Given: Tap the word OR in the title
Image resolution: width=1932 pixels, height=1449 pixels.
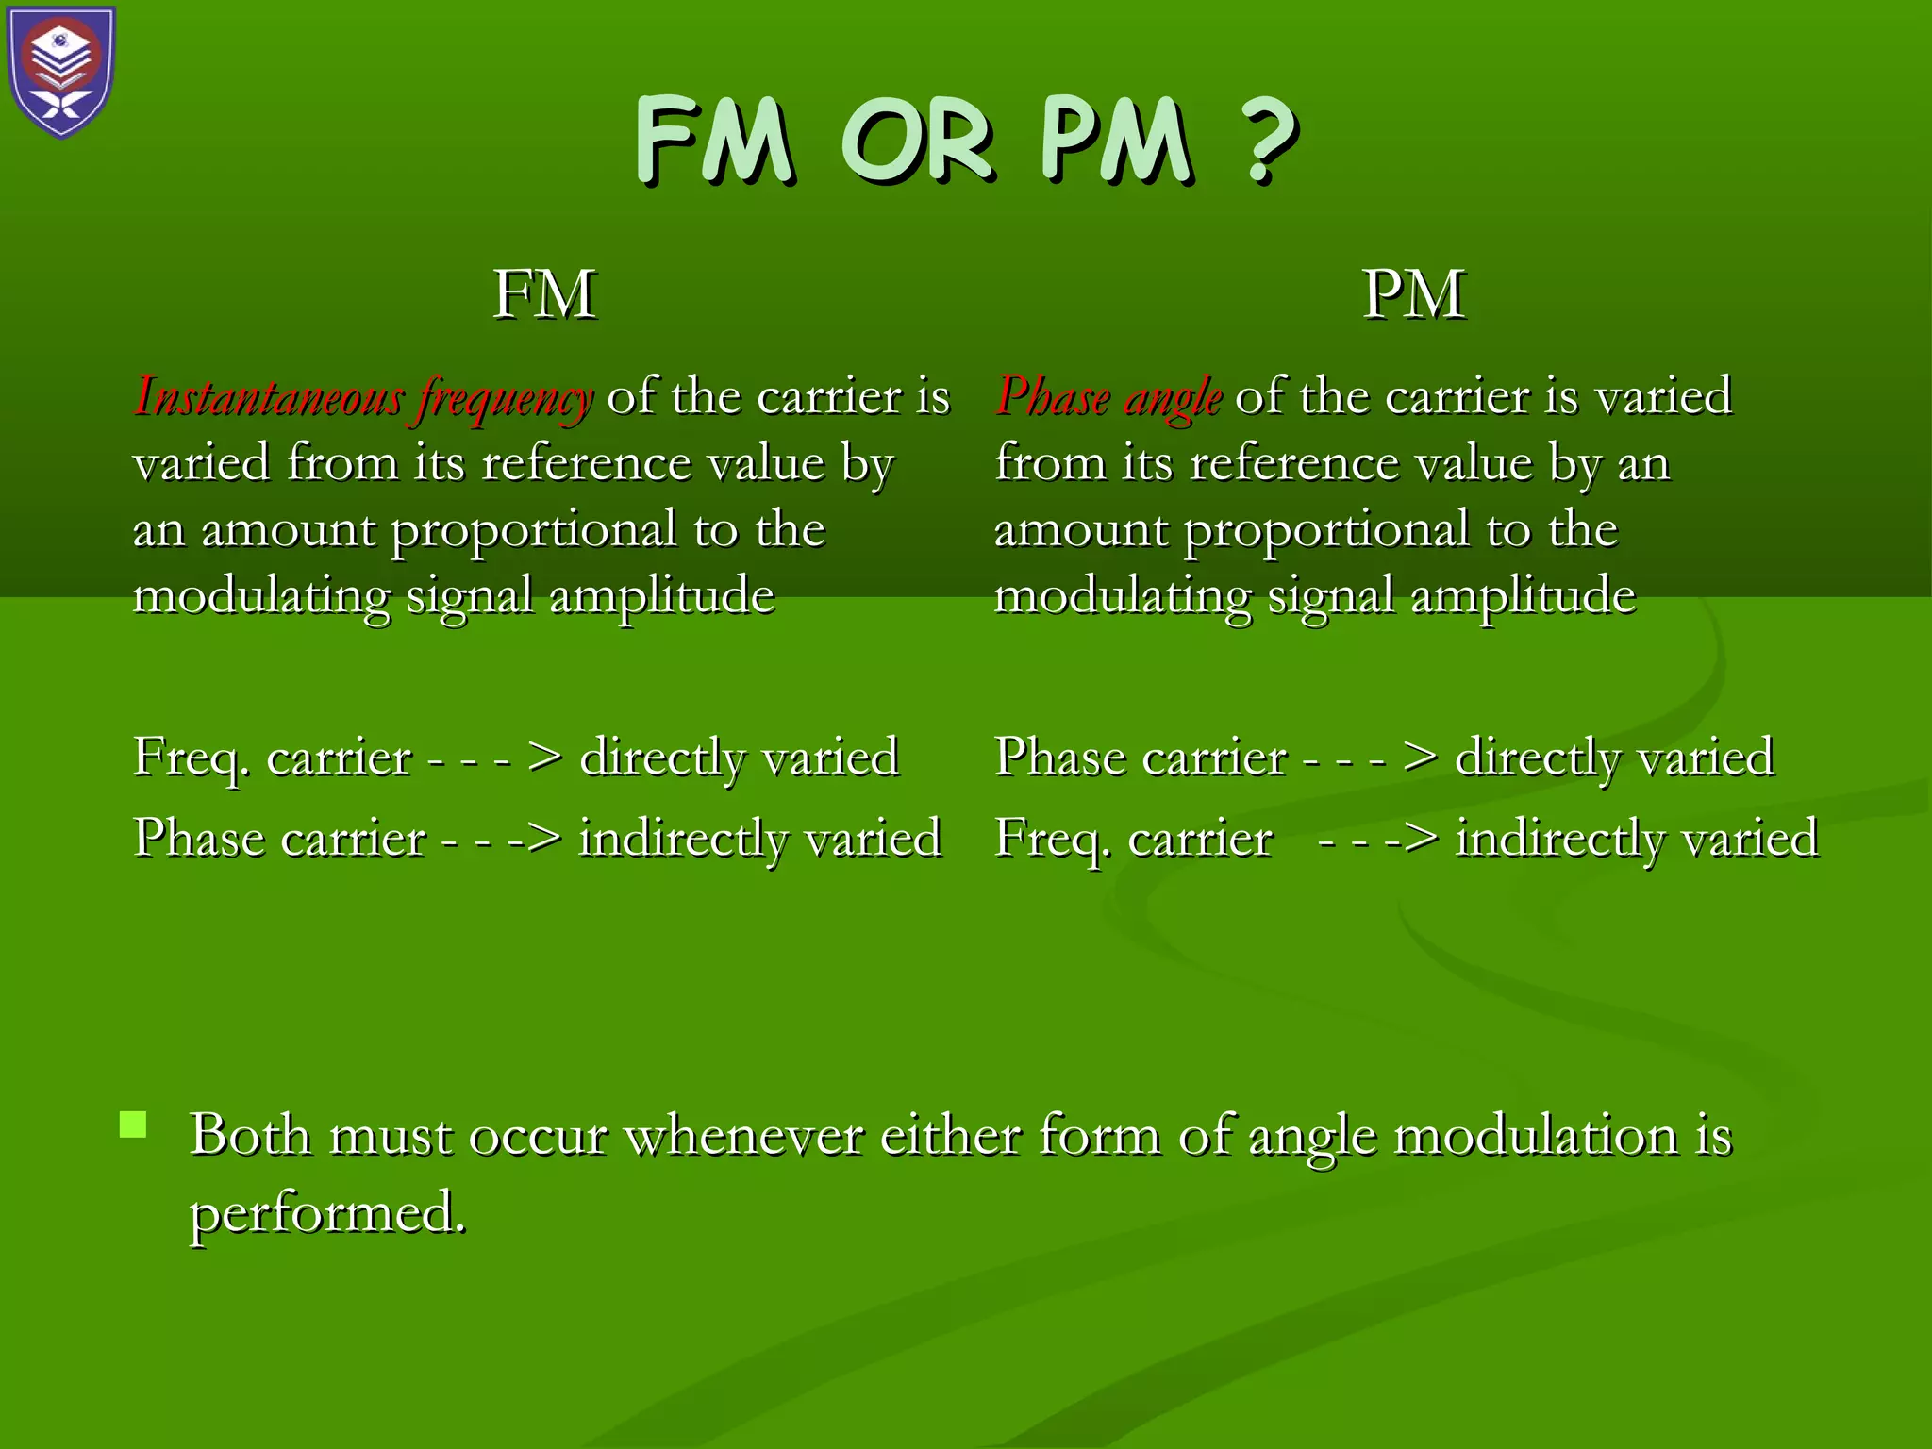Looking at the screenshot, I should tap(917, 142).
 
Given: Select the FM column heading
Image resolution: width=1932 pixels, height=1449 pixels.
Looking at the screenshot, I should tap(544, 294).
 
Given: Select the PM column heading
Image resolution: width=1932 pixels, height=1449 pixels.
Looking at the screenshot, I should tap(1413, 294).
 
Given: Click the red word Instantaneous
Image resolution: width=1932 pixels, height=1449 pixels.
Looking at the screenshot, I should tap(270, 396).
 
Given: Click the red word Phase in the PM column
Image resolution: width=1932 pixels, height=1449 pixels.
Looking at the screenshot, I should tap(1053, 396).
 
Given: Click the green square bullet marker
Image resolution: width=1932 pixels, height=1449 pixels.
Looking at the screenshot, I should tap(134, 1124).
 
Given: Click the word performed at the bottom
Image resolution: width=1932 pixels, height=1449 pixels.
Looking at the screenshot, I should tap(326, 1214).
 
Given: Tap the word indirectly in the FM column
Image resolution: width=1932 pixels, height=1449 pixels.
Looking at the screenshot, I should tap(681, 839).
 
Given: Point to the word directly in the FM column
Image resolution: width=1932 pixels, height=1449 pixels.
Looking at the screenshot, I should tap(662, 758).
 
